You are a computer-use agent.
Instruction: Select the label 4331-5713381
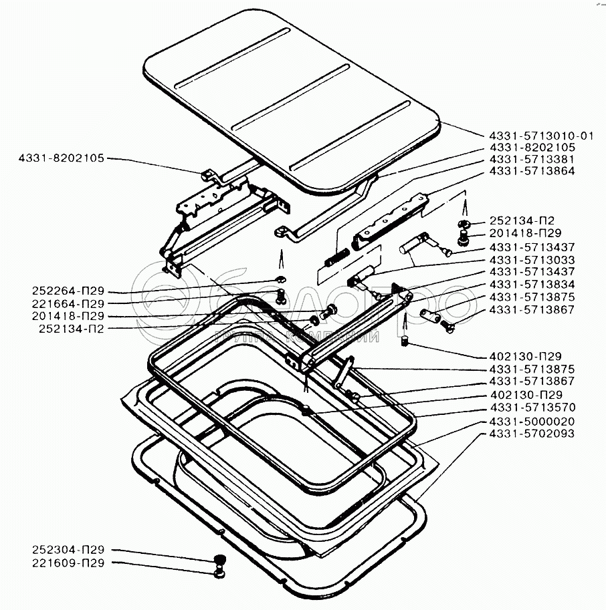tap(532, 159)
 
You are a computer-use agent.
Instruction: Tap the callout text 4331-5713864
tap(532, 171)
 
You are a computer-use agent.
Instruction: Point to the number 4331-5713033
tap(532, 259)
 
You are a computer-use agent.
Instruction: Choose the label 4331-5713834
tap(532, 284)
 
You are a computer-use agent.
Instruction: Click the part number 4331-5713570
tap(532, 407)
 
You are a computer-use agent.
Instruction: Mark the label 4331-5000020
tap(532, 421)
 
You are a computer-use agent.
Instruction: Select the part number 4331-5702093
tap(532, 434)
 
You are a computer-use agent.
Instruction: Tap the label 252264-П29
tap(67, 291)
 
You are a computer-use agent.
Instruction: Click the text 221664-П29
tap(67, 303)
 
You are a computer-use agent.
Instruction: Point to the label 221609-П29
tap(67, 563)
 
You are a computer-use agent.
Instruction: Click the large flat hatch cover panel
tap(288, 100)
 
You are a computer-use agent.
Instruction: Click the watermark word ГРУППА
tap(243, 337)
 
